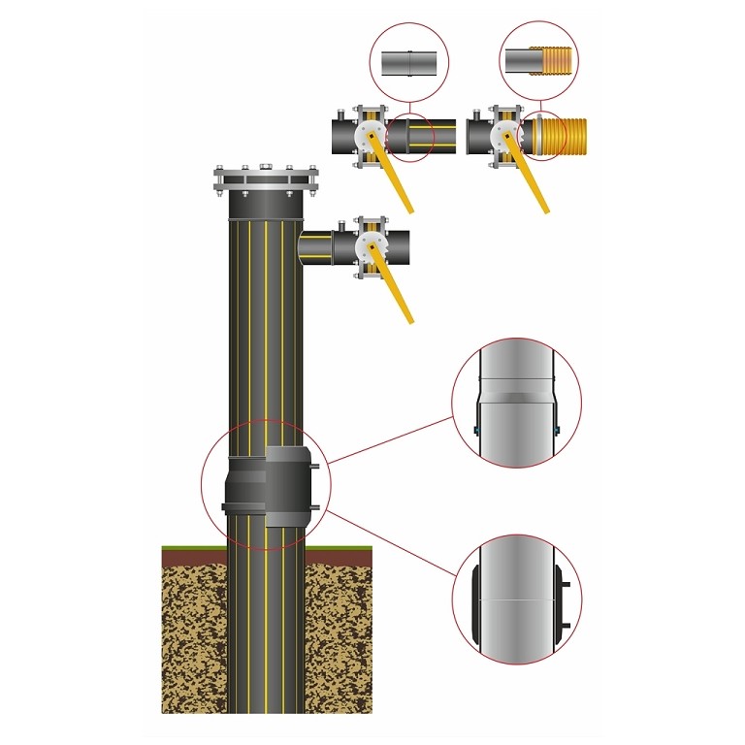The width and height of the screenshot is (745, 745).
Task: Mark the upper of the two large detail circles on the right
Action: pos(516,403)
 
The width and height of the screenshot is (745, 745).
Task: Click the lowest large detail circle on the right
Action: pos(516,597)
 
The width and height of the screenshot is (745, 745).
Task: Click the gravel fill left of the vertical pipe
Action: pos(193,640)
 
